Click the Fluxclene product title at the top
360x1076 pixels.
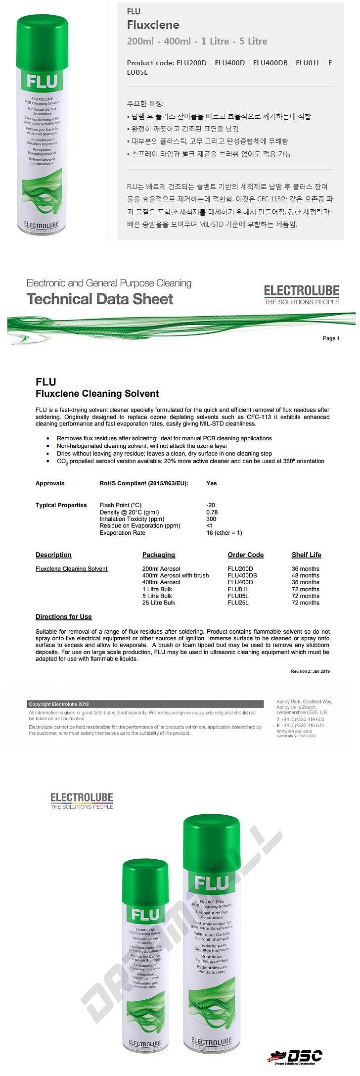click(x=153, y=25)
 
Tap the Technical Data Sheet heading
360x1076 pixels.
click(x=100, y=299)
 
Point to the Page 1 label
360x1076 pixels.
click(x=331, y=338)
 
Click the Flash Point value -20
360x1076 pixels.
click(x=211, y=505)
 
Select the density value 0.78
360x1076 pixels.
click(x=212, y=512)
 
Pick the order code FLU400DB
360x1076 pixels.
click(x=242, y=575)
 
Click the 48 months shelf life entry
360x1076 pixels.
click(x=305, y=575)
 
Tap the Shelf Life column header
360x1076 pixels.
click(x=306, y=555)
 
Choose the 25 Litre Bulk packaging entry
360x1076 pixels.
click(x=159, y=603)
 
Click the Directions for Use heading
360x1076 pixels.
click(x=64, y=616)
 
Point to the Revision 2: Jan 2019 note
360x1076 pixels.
click(x=310, y=671)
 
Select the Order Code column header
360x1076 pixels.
click(x=245, y=555)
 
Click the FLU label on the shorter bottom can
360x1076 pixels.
click(x=145, y=914)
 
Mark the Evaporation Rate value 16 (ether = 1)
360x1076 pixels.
click(x=224, y=533)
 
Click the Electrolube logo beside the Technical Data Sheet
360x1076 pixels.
click(x=301, y=294)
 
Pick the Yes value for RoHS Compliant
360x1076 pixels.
click(x=211, y=483)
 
